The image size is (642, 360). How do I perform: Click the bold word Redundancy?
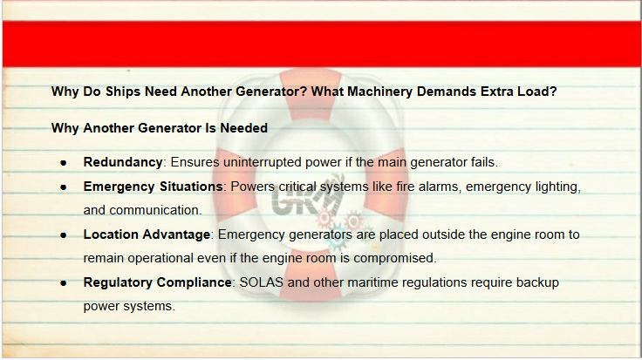[x=123, y=162]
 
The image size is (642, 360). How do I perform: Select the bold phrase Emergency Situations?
[x=154, y=187]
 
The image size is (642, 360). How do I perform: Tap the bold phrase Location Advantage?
[x=147, y=234]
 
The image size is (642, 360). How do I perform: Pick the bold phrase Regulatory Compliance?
[x=158, y=282]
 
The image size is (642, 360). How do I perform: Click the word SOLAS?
[x=261, y=282]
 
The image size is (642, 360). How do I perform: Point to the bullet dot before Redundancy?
[x=63, y=163]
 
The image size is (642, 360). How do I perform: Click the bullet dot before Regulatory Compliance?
[x=63, y=283]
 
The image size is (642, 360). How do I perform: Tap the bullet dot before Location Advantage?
[x=63, y=235]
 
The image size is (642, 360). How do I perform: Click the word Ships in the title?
[x=123, y=92]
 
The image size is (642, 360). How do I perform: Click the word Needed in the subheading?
[x=243, y=128]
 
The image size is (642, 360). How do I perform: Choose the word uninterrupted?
[x=263, y=162]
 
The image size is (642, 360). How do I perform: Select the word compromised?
[x=394, y=258]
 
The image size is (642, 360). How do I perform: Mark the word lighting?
[x=557, y=187]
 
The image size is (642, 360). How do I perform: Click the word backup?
[x=537, y=282]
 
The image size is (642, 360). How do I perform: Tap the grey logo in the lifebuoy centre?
[x=307, y=200]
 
